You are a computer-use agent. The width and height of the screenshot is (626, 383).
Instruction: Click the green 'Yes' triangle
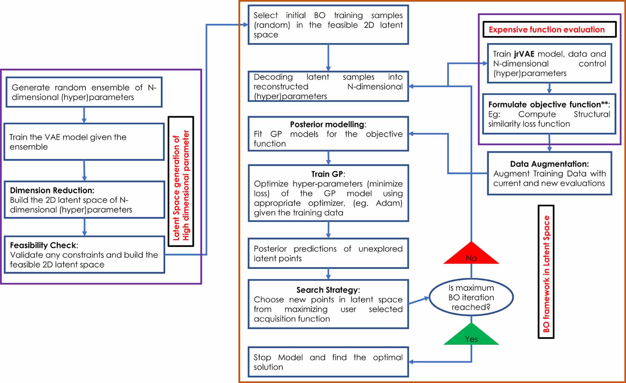tap(471, 336)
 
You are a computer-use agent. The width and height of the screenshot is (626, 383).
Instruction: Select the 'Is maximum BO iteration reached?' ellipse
tap(471, 297)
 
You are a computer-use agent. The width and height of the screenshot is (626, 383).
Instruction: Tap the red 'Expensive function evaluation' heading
tap(546, 29)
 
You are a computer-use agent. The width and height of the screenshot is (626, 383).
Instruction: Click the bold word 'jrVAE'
tap(524, 54)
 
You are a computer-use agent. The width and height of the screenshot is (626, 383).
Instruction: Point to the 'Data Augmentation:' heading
tap(549, 164)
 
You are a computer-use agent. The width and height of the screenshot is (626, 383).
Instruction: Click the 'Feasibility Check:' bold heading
tap(44, 245)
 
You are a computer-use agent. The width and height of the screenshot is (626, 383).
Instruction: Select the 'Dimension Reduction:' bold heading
tap(52, 190)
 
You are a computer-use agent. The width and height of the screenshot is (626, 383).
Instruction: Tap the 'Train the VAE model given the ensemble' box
tap(84, 142)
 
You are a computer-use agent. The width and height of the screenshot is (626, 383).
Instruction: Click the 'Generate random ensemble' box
tap(84, 92)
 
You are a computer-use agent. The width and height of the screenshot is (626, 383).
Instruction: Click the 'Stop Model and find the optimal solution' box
tap(328, 362)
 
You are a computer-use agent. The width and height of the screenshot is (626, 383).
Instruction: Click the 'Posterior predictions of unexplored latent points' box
tap(328, 253)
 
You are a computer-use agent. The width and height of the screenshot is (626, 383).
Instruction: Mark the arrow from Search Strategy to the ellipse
tap(419, 301)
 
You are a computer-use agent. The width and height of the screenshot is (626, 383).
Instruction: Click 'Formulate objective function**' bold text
tap(548, 105)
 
